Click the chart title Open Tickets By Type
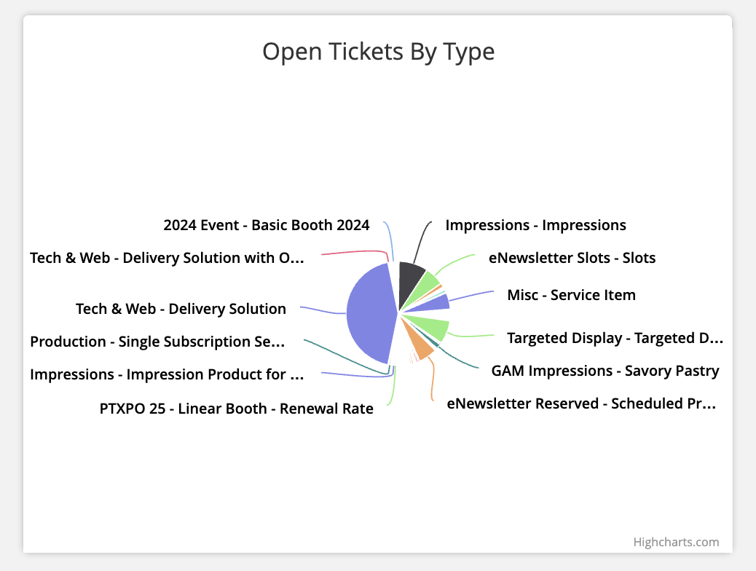378,52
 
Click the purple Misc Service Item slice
441,302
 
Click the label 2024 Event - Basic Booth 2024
266,225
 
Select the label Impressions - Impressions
535,225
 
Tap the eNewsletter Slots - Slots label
572,258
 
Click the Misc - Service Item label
571,295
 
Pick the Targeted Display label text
615,338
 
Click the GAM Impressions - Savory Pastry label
605,371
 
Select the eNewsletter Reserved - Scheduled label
581,403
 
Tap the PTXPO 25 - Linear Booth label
236,409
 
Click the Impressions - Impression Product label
166,374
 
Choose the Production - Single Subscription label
157,342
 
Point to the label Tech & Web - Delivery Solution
181,309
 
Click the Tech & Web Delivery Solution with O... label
165,258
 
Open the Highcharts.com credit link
676,542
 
